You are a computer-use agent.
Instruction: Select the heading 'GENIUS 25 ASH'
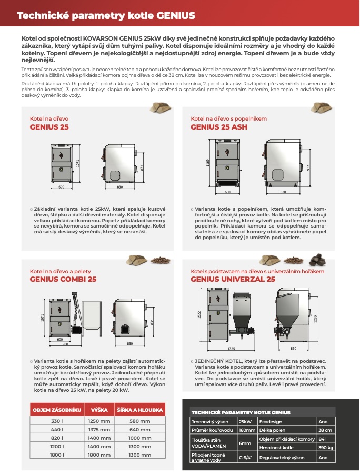(x=218, y=127)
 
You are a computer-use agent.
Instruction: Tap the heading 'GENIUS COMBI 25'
(x=63, y=279)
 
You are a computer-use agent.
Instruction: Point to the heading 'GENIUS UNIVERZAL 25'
(x=233, y=279)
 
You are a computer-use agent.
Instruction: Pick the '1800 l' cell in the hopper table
(x=57, y=455)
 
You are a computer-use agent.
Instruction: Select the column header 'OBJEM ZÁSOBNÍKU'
(x=57, y=410)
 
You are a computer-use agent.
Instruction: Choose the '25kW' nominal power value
(x=245, y=421)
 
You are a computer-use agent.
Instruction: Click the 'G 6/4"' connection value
(x=245, y=458)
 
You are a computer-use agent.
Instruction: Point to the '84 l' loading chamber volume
(x=323, y=438)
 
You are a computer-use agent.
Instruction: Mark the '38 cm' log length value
(x=325, y=430)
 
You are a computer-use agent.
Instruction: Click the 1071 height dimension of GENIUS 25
(x=78, y=164)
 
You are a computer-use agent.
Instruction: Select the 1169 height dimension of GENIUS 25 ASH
(x=208, y=163)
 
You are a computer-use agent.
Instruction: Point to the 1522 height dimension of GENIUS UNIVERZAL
(x=199, y=314)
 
